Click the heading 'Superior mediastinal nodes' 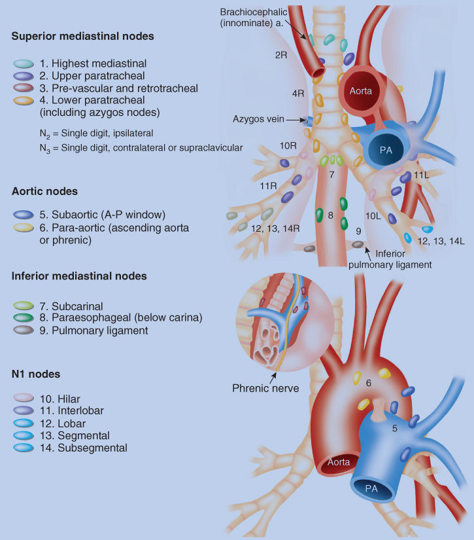[82, 36]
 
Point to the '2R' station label [281, 56]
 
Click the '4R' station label [298, 94]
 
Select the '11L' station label [421, 176]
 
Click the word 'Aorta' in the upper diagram [360, 91]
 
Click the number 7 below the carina [332, 175]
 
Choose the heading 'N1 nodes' [36, 374]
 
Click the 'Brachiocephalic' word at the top [252, 12]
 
